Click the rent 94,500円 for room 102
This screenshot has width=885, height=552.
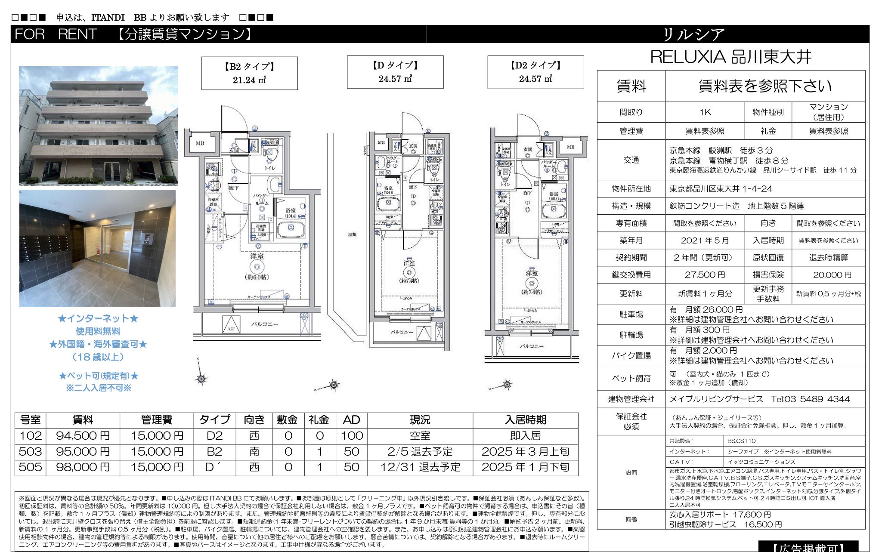pos(83,436)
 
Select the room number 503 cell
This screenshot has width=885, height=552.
pos(31,452)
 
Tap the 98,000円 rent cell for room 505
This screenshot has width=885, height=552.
pos(83,467)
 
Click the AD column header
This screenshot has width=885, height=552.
pos(351,420)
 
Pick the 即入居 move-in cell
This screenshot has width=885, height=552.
pos(525,436)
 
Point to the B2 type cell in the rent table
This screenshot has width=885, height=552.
pos(214,452)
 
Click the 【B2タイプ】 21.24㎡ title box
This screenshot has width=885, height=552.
pos(249,73)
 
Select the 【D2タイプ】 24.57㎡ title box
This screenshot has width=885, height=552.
pos(535,72)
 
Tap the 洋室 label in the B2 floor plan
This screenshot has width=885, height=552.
pos(257,256)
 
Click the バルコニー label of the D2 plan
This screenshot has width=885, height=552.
pos(531,346)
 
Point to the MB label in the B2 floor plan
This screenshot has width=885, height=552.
pos(200,143)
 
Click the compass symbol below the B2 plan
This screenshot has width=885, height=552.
pos(201,378)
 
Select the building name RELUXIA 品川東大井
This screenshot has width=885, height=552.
pos(730,57)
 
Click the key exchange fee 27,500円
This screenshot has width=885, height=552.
pos(705,275)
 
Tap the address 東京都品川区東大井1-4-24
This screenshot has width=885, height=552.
pos(721,189)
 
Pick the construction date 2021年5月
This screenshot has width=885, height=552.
pos(705,241)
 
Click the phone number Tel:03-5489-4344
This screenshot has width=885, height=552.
pos(810,399)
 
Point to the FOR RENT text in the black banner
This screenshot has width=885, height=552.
pos(56,34)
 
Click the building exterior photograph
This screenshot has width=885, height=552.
pos(99,126)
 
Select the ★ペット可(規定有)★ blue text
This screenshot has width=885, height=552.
pos(99,376)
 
